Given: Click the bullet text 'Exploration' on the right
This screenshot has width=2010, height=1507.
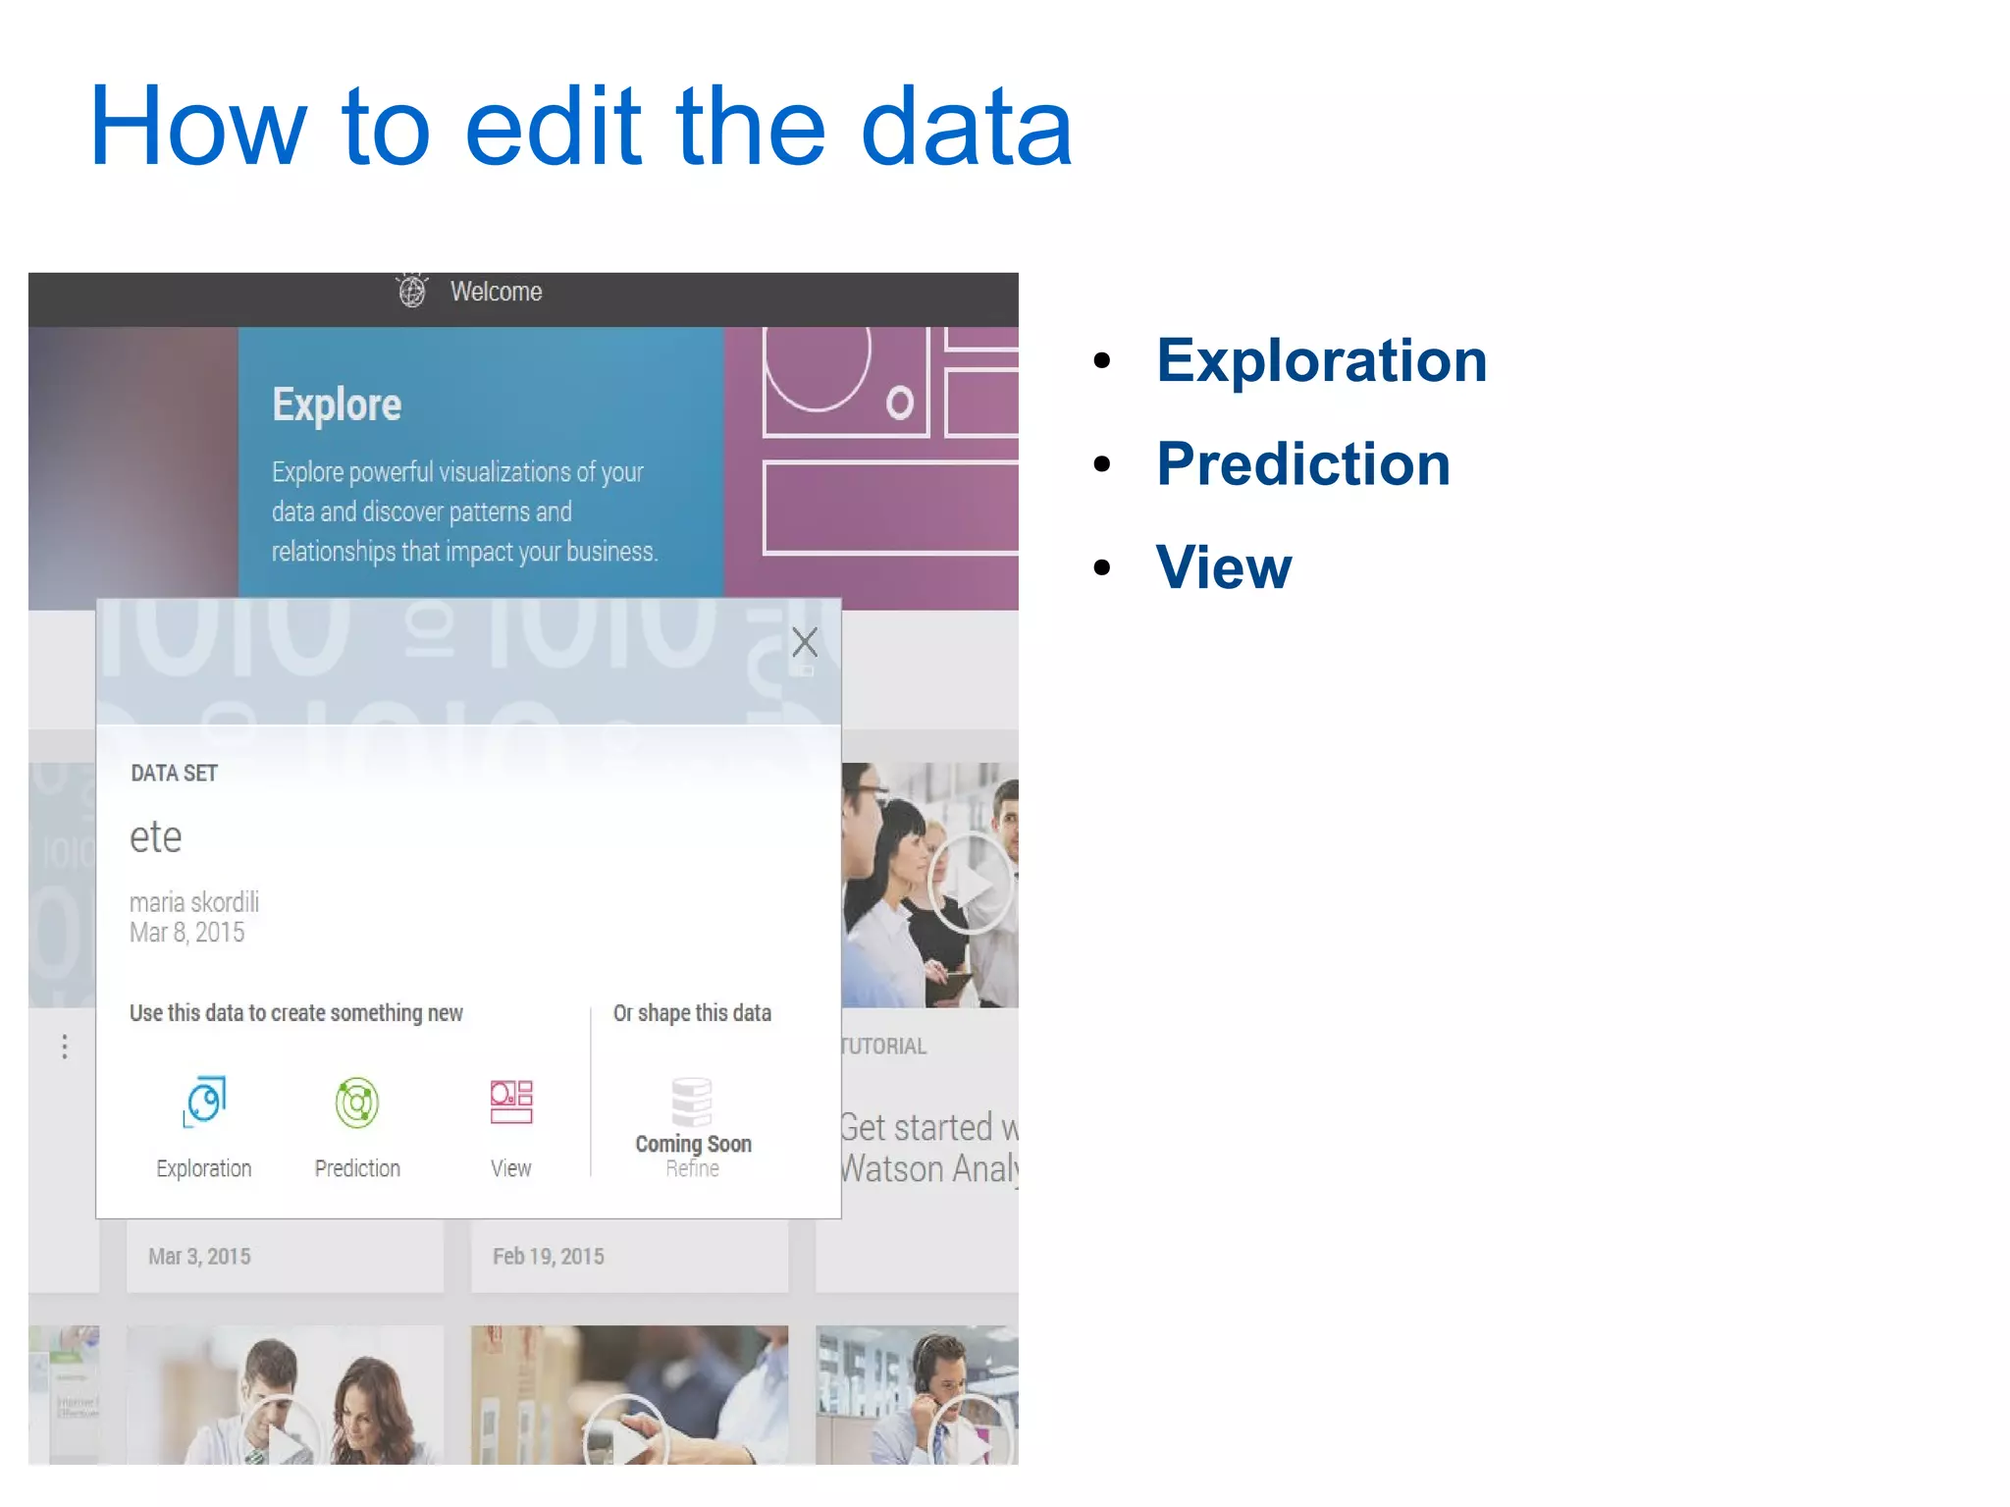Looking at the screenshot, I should tap(1321, 360).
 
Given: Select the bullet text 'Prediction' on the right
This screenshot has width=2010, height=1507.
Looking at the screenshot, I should tap(1302, 463).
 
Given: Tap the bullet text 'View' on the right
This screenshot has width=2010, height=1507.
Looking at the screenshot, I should tap(1224, 567).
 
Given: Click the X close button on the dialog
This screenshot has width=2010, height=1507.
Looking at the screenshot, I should tap(805, 642).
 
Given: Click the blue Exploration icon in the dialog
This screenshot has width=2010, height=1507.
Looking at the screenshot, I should tap(204, 1102).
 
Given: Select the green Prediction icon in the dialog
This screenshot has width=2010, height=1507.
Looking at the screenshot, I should tap(357, 1102).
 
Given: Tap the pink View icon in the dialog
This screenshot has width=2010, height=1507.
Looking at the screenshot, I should tap(511, 1102).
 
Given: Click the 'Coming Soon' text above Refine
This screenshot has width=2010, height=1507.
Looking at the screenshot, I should tap(693, 1144).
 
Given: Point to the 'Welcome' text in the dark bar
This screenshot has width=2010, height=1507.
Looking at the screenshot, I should tap(496, 292).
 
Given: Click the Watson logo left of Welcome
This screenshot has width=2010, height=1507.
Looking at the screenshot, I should tap(412, 291).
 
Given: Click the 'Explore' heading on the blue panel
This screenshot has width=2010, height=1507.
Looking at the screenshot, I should tap(337, 404).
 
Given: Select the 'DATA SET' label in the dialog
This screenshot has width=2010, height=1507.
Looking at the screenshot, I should tap(174, 774).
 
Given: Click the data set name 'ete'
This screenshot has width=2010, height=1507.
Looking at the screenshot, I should tap(156, 837).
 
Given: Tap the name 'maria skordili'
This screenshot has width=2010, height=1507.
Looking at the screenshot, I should tap(194, 901).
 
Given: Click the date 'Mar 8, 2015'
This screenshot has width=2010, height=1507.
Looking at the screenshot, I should tap(186, 933).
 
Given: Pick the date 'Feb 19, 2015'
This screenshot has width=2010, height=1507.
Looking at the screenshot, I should tap(548, 1257).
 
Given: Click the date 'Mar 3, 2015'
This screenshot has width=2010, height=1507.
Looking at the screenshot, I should tap(199, 1257).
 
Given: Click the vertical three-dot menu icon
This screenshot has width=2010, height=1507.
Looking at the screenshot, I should tap(65, 1047).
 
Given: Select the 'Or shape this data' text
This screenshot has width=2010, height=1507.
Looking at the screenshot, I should tap(692, 1013).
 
